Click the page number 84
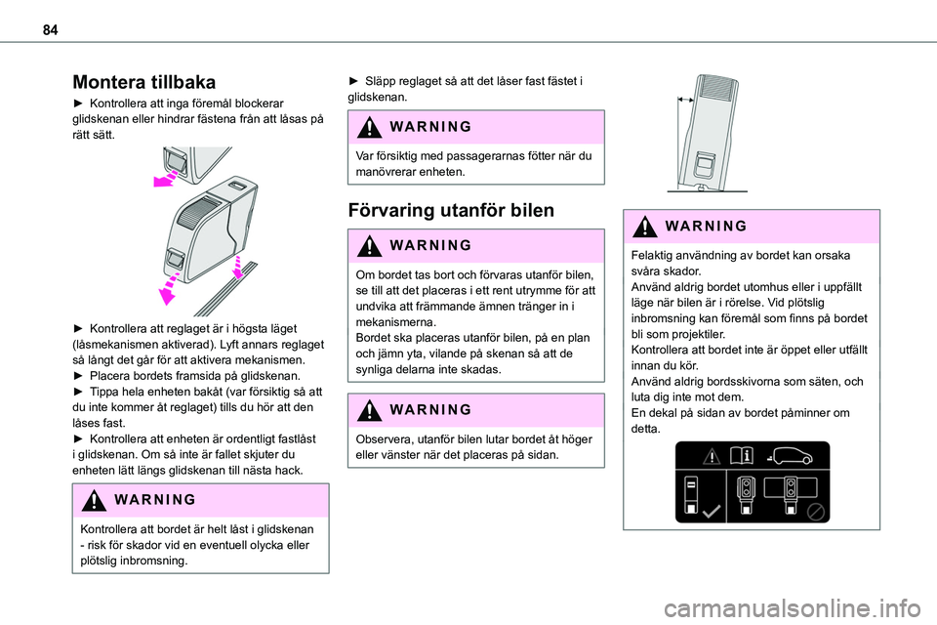[50, 30]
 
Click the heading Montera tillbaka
[144, 82]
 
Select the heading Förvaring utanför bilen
[451, 211]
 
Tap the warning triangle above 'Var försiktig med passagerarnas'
[370, 127]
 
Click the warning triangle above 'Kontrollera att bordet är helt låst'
[94, 500]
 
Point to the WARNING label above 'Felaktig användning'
[706, 227]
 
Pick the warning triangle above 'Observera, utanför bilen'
[370, 410]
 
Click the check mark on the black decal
[711, 512]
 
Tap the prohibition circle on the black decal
[816, 512]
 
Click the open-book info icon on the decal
[741, 456]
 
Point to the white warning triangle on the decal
[712, 457]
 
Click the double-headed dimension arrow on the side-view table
[685, 100]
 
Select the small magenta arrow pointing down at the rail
[238, 268]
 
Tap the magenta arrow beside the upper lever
[166, 179]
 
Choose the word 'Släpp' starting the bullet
[380, 81]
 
